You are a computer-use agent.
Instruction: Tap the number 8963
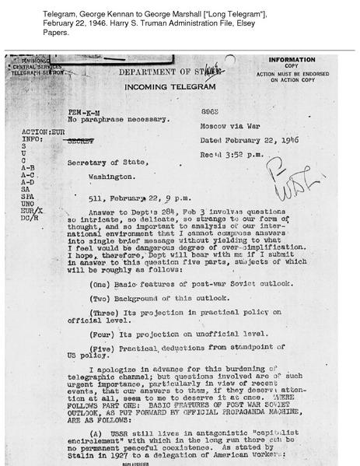click(x=212, y=112)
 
